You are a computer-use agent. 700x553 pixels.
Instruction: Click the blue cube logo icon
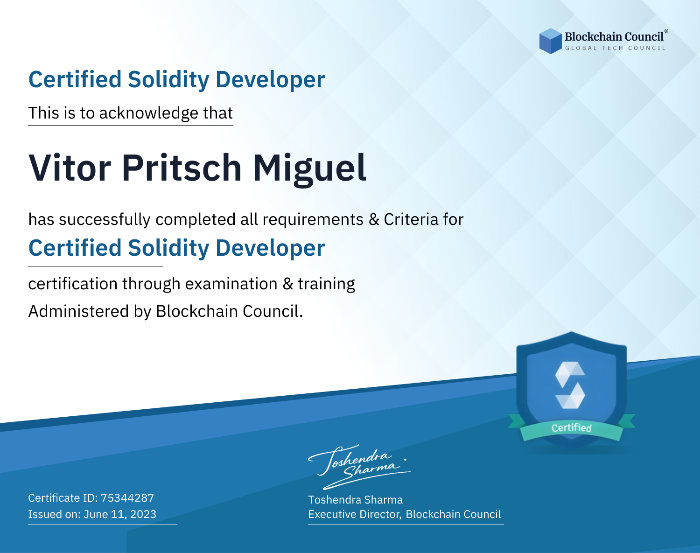coord(550,41)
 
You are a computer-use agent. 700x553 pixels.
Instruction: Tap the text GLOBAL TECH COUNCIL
coord(616,48)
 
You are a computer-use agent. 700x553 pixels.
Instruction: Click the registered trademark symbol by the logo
coord(666,31)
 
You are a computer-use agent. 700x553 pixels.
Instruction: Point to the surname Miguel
coord(310,170)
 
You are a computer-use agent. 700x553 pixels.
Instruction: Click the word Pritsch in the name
coord(182,168)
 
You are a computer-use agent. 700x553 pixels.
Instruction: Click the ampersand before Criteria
coord(374,220)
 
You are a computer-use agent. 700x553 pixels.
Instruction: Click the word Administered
coord(78,311)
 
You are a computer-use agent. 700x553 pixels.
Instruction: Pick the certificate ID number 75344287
coord(127,498)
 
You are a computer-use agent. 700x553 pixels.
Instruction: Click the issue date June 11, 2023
coord(120,514)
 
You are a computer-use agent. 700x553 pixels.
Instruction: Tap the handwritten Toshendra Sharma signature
coord(359,467)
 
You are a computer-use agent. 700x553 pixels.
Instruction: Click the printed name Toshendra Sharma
coord(356,500)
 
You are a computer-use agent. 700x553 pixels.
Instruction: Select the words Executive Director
coord(354,514)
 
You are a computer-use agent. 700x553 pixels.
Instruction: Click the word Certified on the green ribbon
coord(572,428)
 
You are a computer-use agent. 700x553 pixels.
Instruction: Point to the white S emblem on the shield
coord(570,385)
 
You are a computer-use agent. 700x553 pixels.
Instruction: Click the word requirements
coord(313,220)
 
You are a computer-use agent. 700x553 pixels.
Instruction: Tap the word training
coord(326,284)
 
